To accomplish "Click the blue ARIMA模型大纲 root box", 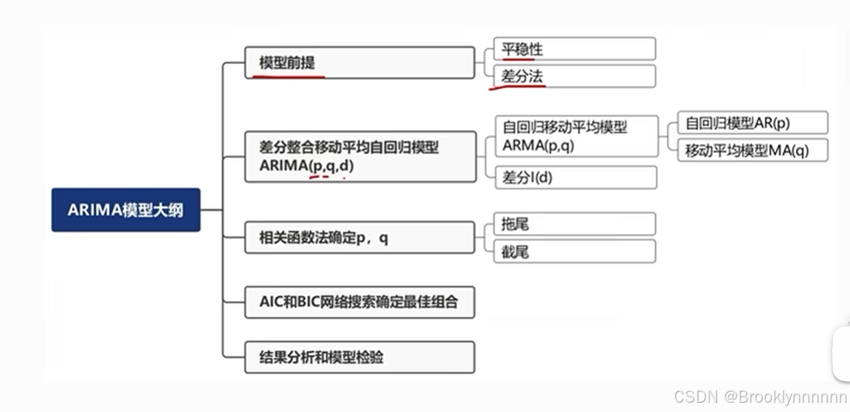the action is (126, 209).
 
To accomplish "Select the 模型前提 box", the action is (359, 63).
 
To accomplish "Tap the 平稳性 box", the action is (574, 49).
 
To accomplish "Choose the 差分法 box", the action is (574, 77).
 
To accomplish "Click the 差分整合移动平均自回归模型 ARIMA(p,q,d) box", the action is (360, 156).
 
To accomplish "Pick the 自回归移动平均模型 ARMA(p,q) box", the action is (576, 136).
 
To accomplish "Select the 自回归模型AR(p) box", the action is (752, 123).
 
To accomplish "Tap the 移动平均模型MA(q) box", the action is (752, 150).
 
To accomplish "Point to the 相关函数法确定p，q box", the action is (359, 237).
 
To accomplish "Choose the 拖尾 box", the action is (574, 224).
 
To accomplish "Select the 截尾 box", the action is (574, 251).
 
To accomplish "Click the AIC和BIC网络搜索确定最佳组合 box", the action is (359, 301).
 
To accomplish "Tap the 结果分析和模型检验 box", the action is (359, 357).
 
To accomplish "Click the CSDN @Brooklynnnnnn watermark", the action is (760, 397).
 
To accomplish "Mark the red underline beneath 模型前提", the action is (286, 76).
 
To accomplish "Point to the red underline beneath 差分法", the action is (516, 87).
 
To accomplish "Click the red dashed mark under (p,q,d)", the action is (326, 178).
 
